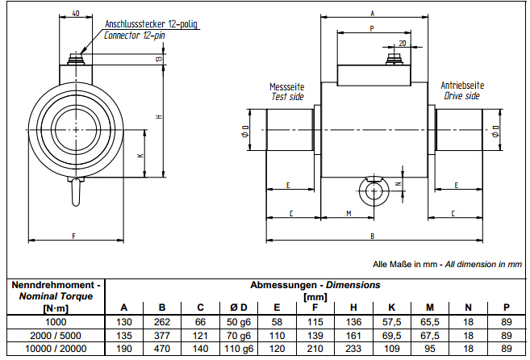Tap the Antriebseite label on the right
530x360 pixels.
coord(462,85)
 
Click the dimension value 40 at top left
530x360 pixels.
coord(75,14)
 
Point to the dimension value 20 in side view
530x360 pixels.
coord(402,43)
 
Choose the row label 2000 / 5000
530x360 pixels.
coord(54,334)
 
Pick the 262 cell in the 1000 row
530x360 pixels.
coord(162,320)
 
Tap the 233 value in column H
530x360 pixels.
coord(353,348)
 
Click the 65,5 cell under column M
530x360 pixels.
coord(430,320)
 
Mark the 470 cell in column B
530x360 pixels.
coord(162,348)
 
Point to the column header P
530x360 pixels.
coord(506,306)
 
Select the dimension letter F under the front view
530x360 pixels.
coord(73,235)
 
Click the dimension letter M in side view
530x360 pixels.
coord(348,213)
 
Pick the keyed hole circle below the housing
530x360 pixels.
coord(373,191)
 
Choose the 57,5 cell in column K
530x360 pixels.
coord(391,320)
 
